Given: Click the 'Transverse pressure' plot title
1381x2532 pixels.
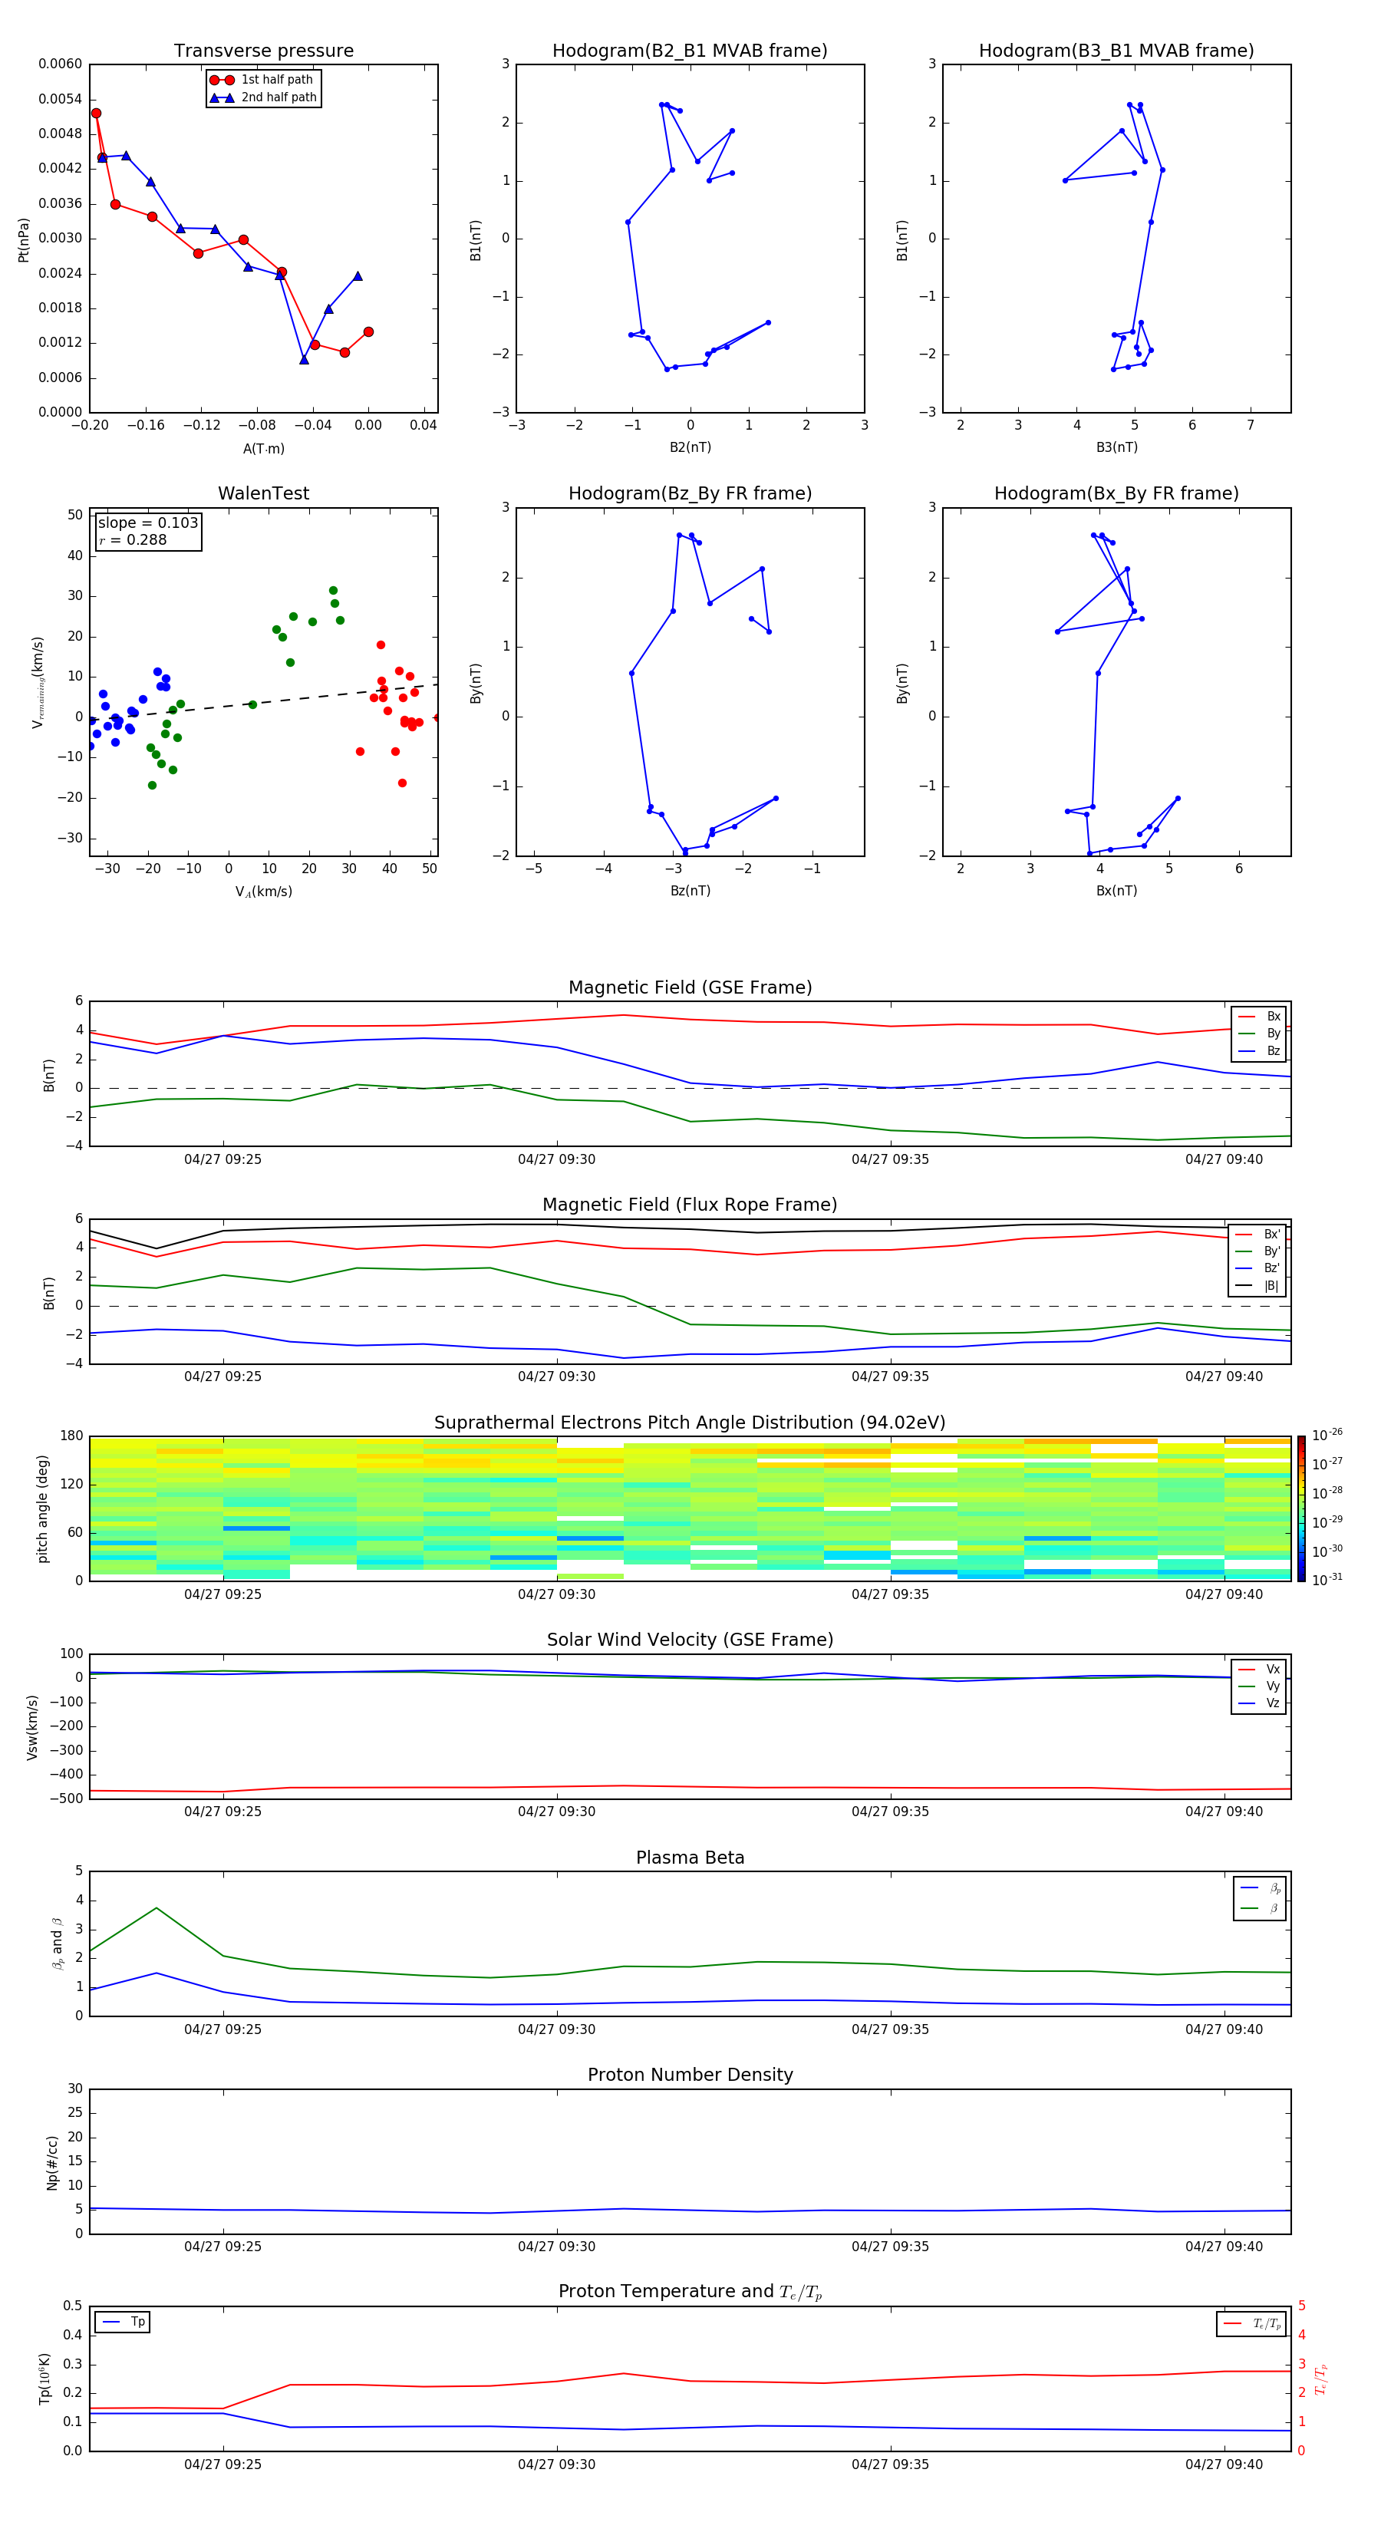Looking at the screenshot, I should click(x=263, y=51).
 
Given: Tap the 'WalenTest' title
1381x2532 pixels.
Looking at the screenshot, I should click(x=263, y=493).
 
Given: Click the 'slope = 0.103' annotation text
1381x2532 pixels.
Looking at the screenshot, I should click(x=147, y=523).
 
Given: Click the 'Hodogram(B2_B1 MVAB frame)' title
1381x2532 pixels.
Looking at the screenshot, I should click(x=689, y=51).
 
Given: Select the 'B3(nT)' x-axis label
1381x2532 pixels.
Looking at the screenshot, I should click(x=1116, y=447).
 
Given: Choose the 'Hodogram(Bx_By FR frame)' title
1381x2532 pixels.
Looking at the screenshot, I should click(x=1116, y=493).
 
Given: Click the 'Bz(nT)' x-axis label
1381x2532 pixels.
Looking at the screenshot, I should click(x=690, y=891).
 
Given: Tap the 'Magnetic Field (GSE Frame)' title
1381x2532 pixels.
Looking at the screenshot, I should click(x=690, y=987).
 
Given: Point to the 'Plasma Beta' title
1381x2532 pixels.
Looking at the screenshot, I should click(x=690, y=1858).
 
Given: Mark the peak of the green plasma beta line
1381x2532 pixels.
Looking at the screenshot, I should click(x=157, y=1908).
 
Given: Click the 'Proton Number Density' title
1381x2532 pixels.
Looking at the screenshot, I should click(x=690, y=2075).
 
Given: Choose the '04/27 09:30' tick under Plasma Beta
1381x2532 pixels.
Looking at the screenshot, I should click(x=556, y=2029).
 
